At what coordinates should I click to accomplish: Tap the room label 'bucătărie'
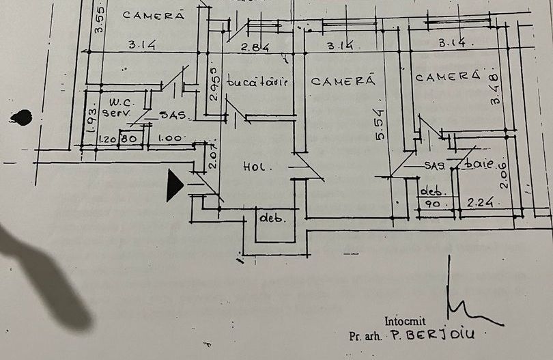tap(257, 81)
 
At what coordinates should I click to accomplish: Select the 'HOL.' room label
tap(257, 167)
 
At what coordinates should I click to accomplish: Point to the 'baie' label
tap(478, 165)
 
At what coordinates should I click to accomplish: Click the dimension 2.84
tap(256, 47)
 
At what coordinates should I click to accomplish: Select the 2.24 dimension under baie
tap(481, 202)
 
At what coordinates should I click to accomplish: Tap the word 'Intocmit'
tap(404, 321)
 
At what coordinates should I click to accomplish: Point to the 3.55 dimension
tap(99, 20)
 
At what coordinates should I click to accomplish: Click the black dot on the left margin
tap(21, 117)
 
